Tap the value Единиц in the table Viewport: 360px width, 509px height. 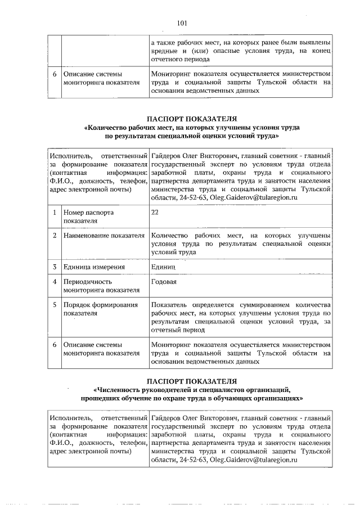pos(164,267)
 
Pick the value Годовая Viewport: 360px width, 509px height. pos(166,282)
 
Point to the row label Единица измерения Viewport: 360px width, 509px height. pos(94,267)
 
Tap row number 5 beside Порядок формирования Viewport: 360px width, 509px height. pos(55,305)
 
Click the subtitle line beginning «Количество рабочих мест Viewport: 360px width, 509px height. pos(192,128)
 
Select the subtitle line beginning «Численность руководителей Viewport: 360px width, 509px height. pos(192,389)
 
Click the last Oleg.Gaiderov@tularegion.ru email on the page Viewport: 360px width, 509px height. pos(253,460)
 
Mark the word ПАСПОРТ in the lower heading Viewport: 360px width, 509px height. pos(166,381)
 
